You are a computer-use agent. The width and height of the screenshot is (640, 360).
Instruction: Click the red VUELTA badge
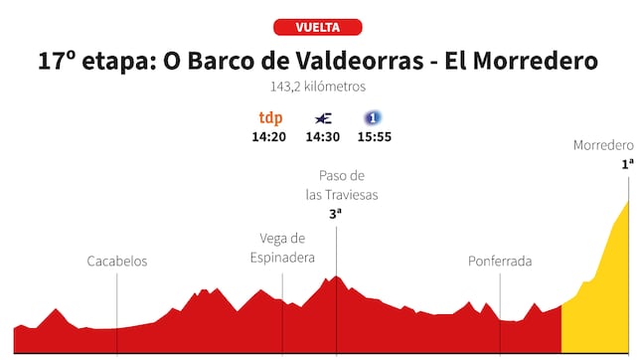click(x=318, y=27)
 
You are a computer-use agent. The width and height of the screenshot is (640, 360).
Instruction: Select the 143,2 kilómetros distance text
click(x=318, y=87)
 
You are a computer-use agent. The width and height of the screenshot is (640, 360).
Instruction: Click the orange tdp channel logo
click(x=269, y=117)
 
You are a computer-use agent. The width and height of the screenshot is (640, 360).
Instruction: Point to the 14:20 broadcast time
click(x=269, y=136)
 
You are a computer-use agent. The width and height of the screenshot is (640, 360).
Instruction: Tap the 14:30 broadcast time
click(x=322, y=136)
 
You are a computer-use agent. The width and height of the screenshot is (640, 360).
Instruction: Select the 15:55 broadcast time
click(x=374, y=136)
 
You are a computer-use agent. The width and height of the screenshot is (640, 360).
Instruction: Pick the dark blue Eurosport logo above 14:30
click(x=322, y=117)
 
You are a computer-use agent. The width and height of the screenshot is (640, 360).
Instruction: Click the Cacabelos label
click(x=117, y=261)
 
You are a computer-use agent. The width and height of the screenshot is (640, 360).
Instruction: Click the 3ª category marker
click(x=336, y=213)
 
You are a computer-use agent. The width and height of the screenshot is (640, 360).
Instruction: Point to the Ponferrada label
click(x=500, y=262)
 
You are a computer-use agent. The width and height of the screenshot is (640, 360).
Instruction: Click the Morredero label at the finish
click(x=603, y=145)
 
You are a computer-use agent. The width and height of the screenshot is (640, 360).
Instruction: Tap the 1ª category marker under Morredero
click(x=627, y=164)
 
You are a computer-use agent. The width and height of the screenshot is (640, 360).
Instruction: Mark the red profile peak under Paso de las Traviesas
click(x=337, y=279)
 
